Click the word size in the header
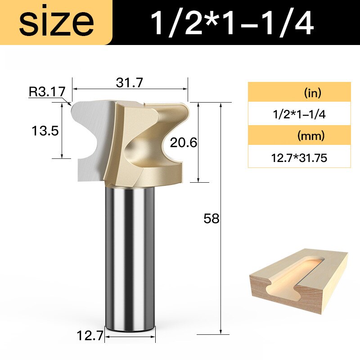coord(56,22)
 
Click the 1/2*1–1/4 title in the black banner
coord(232,23)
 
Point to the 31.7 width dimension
coord(129,83)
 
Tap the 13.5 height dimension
coord(45,131)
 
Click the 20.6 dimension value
coord(184,143)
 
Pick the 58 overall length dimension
coord(211,219)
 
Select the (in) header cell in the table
coord(299,93)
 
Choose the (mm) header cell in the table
coord(299,136)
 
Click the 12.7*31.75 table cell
coord(299,157)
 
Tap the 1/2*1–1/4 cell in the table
coord(299,114)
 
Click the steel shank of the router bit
coord(130,256)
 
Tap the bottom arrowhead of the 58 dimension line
coord(220,333)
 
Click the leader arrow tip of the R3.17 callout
coord(71,104)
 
